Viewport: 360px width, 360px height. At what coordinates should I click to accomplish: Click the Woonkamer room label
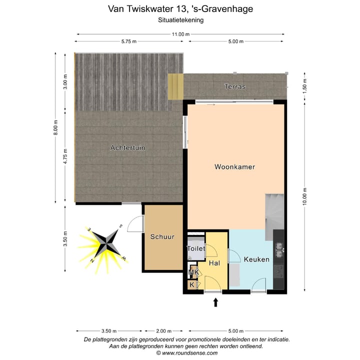[234, 166]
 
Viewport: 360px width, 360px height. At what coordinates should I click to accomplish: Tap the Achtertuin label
[128, 147]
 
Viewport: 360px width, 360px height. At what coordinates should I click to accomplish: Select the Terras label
[235, 86]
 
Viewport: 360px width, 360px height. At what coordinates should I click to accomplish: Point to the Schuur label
[162, 236]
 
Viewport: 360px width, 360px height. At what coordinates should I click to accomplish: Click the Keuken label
[256, 259]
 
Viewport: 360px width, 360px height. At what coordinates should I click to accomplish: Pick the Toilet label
[196, 248]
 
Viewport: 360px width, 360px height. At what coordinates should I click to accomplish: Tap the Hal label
[214, 263]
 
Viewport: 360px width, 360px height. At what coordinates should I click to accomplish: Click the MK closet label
[193, 272]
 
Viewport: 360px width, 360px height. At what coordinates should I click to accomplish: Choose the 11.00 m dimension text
[180, 34]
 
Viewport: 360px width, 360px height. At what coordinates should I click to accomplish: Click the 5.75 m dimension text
[129, 41]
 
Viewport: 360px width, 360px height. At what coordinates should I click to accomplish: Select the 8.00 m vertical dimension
[55, 127]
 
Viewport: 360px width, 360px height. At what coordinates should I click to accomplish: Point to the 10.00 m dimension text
[304, 196]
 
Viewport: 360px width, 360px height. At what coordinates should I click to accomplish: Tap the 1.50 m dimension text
[304, 86]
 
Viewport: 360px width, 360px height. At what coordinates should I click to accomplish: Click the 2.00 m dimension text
[163, 331]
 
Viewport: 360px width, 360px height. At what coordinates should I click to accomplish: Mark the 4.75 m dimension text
[65, 156]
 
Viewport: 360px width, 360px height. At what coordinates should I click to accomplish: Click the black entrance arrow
[215, 302]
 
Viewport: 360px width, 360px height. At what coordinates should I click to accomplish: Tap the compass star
[106, 243]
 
